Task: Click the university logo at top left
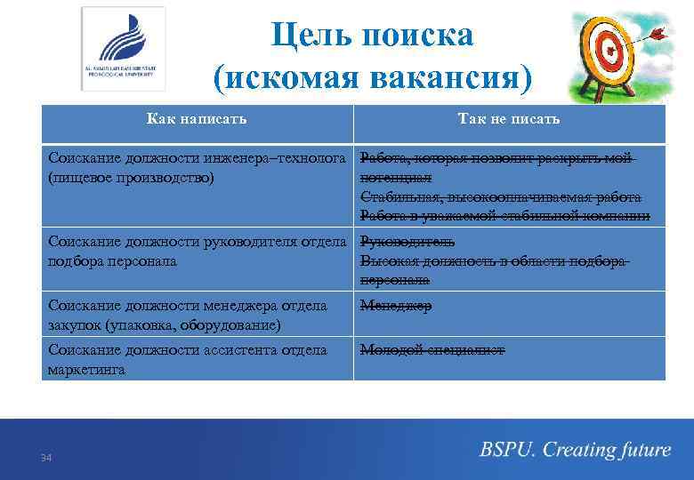pyautogui.click(x=123, y=48)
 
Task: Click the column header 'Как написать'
pyautogui.click(x=197, y=118)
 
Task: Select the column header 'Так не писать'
pyautogui.click(x=508, y=118)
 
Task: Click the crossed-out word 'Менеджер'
pyautogui.click(x=396, y=306)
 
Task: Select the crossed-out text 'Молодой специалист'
pyautogui.click(x=432, y=350)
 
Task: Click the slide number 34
pyautogui.click(x=46, y=457)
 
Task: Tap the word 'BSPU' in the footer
pyautogui.click(x=506, y=450)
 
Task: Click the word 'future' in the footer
pyautogui.click(x=641, y=450)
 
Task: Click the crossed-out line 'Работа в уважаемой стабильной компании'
pyautogui.click(x=504, y=216)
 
